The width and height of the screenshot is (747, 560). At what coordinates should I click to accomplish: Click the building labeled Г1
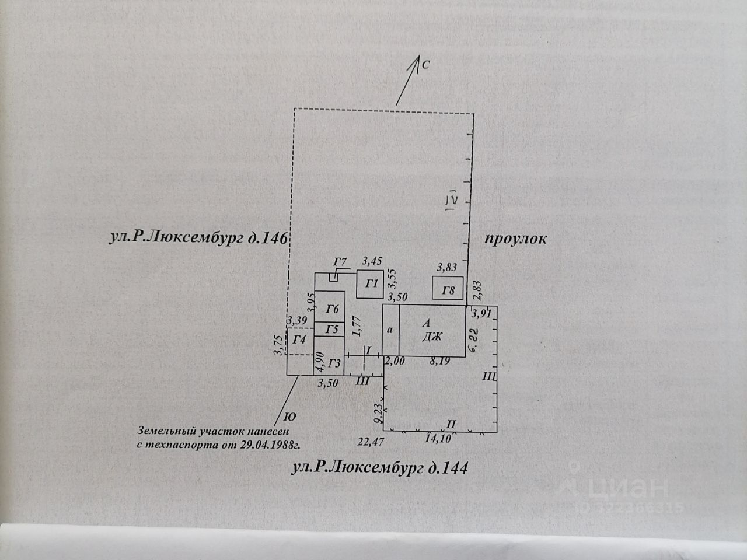pos(370,285)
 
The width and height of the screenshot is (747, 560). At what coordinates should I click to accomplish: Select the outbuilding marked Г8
pos(448,290)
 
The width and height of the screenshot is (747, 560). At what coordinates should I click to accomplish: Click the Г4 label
pos(300,339)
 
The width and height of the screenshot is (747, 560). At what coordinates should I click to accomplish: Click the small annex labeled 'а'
pos(390,330)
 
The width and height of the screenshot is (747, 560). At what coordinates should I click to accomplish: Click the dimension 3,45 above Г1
pos(372,261)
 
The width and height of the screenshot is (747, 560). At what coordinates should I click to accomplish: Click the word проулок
pos(515,239)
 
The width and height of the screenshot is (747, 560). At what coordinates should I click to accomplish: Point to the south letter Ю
pos(288,416)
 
